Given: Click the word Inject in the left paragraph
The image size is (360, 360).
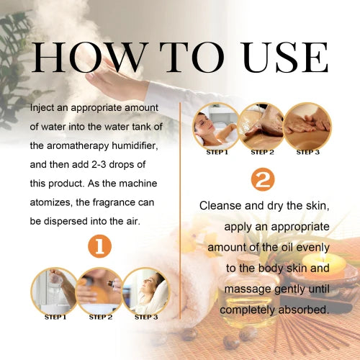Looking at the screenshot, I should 44,108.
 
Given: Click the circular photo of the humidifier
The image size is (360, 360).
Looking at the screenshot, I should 55,290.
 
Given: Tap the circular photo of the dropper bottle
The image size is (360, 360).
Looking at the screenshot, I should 100,290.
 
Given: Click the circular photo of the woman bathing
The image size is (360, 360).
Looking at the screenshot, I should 216,125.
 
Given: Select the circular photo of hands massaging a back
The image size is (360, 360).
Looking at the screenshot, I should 307,125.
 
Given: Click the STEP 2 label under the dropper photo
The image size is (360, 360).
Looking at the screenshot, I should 100,317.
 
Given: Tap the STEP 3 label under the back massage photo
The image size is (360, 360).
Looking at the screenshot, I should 307,152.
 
